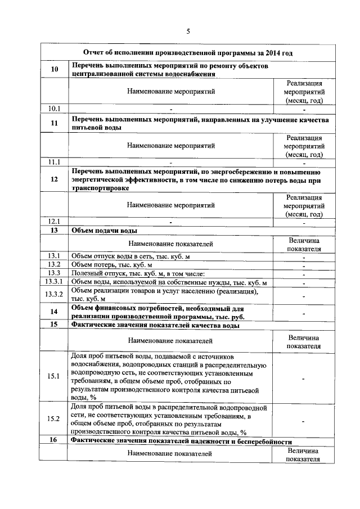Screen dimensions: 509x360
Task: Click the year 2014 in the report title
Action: coord(272,53)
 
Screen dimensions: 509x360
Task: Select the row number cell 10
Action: coord(54,69)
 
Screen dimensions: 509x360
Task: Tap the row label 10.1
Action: coord(54,109)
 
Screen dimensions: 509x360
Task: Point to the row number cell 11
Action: coord(54,123)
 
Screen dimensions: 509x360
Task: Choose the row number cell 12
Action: coord(54,180)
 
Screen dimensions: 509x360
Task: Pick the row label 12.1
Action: coord(54,222)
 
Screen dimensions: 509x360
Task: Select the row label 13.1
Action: coord(54,256)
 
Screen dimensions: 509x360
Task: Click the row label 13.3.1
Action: coord(54,282)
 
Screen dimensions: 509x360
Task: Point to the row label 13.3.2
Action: coord(54,295)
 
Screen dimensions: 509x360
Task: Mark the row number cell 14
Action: coord(54,312)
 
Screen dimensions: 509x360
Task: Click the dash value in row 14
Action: coord(303,312)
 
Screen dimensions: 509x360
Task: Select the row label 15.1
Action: coord(54,376)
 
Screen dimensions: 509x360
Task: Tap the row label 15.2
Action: coord(54,419)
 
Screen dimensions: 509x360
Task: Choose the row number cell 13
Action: coord(54,231)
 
